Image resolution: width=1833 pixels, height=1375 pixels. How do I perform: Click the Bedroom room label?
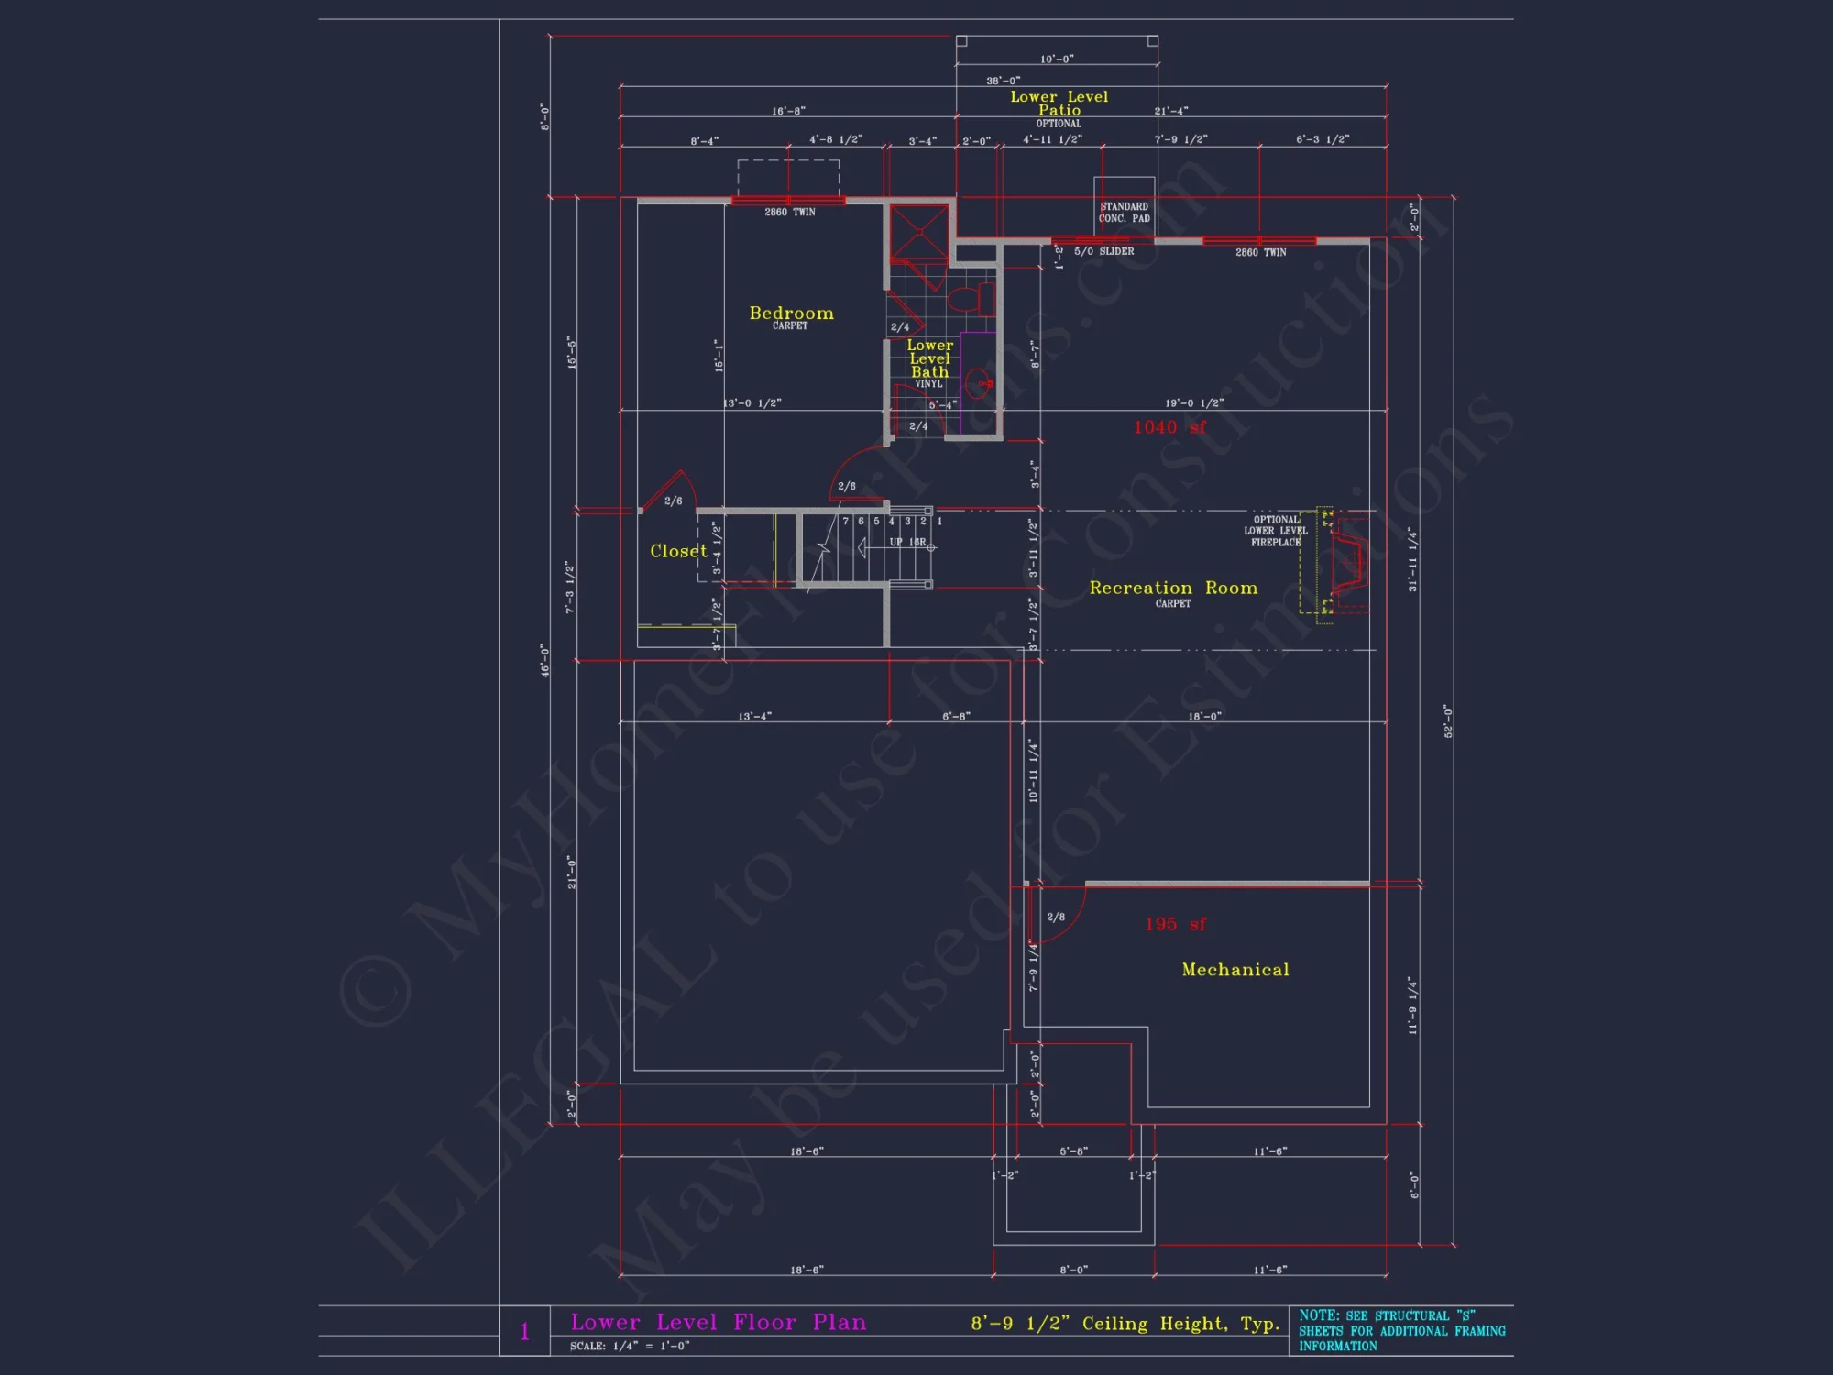pos(791,313)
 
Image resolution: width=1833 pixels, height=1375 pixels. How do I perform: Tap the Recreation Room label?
pos(1173,588)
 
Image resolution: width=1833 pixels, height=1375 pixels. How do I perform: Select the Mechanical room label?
pos(1235,970)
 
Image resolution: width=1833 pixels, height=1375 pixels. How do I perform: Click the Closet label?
pos(678,551)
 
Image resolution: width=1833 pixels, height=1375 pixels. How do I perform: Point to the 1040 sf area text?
pos(1169,427)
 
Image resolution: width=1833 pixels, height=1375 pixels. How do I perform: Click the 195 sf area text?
pos(1175,924)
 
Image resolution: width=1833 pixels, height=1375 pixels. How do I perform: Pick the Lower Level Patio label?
pos(1059,104)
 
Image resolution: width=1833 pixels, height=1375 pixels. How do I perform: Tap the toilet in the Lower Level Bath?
pos(971,298)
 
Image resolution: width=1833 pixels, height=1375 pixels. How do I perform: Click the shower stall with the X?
pos(919,233)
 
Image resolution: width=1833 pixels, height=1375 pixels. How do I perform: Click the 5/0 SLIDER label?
pos(1103,251)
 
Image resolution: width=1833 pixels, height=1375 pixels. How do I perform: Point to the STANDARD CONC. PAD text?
pos(1124,213)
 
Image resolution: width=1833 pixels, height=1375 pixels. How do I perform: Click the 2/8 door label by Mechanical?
pos(1056,917)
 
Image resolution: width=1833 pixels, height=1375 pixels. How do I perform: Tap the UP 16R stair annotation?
pos(906,542)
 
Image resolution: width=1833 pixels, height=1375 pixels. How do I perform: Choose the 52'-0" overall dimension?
pos(1448,720)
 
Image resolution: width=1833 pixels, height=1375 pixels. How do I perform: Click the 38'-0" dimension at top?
pos(1003,81)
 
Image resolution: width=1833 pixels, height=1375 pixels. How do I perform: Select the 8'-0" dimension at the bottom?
pos(1073,1270)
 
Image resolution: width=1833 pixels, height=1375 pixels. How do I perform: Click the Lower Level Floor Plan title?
pos(718,1322)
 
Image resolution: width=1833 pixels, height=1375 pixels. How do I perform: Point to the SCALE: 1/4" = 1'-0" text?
pos(630,1346)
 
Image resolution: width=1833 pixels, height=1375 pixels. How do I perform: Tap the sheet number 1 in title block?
pos(525,1331)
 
